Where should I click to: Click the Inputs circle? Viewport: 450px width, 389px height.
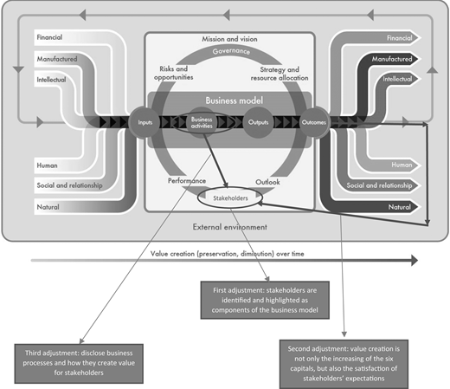(x=145, y=122)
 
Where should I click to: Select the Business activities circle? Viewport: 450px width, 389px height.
(x=202, y=122)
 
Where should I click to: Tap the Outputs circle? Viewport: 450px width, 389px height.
(x=258, y=122)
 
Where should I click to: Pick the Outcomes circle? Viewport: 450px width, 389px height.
(x=314, y=122)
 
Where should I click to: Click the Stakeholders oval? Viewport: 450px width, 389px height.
(x=230, y=198)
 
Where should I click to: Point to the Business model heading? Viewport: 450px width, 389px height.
(x=235, y=100)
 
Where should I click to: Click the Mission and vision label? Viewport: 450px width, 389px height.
(x=229, y=39)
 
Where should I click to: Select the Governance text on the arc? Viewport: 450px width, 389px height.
(x=231, y=51)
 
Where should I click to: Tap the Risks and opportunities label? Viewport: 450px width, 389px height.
(x=174, y=73)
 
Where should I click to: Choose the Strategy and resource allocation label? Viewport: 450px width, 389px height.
(x=280, y=74)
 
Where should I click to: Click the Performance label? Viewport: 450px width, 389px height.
(x=187, y=181)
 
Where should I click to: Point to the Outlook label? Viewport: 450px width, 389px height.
(x=267, y=182)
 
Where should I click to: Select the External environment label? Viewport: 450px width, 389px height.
(x=230, y=227)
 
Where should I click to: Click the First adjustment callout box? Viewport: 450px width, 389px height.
(x=265, y=300)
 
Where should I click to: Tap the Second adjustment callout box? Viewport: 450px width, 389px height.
(x=344, y=364)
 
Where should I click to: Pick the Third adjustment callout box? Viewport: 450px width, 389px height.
(x=79, y=364)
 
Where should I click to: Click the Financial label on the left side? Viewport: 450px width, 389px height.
(x=49, y=37)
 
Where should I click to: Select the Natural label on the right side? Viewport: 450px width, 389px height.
(x=400, y=207)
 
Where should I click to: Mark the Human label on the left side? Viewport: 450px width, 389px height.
(x=47, y=165)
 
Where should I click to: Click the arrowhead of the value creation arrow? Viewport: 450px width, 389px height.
(x=415, y=261)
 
